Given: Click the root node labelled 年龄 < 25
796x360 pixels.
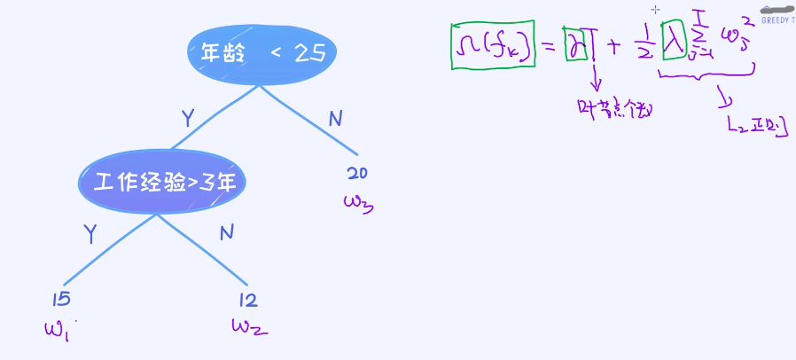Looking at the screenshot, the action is (x=262, y=55).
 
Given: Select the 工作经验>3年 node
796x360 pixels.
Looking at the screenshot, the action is (x=161, y=182).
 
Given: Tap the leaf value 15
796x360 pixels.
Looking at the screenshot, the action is (x=62, y=300).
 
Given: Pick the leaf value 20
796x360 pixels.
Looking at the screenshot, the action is (x=357, y=173).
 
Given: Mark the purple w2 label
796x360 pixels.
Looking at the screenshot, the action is (x=249, y=327).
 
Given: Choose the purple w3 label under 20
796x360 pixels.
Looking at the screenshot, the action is (x=359, y=203).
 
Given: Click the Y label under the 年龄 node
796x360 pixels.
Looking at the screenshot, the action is (x=187, y=118).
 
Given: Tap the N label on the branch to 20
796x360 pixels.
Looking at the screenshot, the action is (x=336, y=118).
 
